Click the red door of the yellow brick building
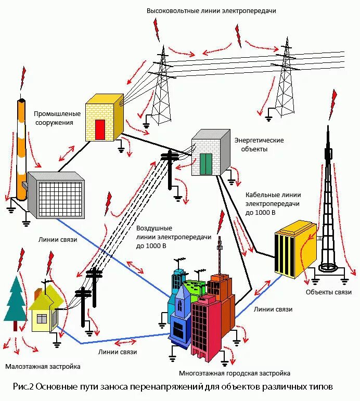pos(100,130)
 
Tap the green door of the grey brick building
pos(207,164)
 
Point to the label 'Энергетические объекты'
pos(259,145)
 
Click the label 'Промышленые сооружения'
pos(57,118)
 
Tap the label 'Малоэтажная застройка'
pos(43,366)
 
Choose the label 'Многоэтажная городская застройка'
pos(235,373)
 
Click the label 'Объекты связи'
pos(329,292)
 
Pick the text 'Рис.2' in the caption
pos(24,387)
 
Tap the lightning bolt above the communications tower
pos(333,104)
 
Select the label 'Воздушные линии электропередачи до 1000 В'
pos(173,237)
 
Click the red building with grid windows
pos(208,328)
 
